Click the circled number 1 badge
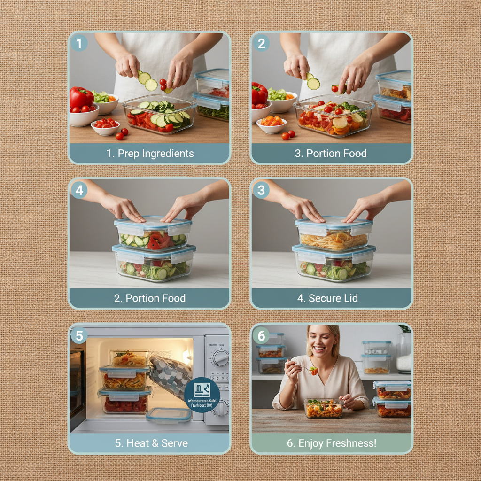coord(79,44)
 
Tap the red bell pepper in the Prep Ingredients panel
coord(81,98)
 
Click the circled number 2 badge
coord(261,44)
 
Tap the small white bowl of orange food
coord(272,124)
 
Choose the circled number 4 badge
coord(79,190)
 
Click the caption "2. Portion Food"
coord(150,298)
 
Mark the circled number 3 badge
coord(261,190)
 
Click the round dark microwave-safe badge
coord(202,395)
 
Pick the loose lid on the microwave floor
coord(169,414)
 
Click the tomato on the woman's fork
coord(313,371)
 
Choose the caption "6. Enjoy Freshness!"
coord(332,443)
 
